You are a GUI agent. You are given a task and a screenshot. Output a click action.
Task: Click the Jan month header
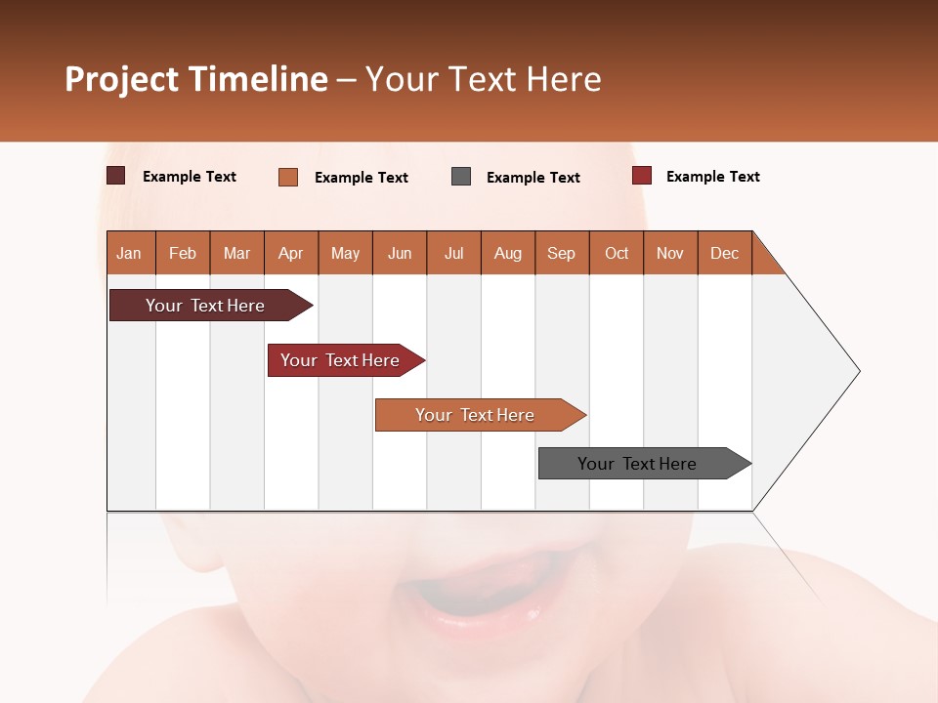click(130, 253)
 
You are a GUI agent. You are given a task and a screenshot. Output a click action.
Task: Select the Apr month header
click(291, 253)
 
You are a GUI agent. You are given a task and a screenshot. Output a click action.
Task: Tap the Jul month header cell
click(453, 253)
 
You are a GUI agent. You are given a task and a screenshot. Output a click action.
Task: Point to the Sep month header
click(562, 253)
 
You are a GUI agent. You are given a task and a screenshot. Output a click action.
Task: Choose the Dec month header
click(724, 253)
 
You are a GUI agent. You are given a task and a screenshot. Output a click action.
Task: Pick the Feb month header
click(183, 253)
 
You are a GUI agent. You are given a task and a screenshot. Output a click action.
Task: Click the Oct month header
click(617, 253)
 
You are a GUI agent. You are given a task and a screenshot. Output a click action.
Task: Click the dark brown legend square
click(116, 176)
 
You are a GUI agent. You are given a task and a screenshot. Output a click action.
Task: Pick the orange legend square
click(288, 177)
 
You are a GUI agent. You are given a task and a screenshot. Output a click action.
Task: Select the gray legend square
click(461, 177)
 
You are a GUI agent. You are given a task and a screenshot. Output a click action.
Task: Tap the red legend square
click(642, 176)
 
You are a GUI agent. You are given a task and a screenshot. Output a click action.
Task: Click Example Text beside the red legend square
click(712, 177)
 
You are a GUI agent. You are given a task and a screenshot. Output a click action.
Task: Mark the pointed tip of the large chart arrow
click(858, 371)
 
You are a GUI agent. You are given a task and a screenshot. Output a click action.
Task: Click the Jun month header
click(400, 253)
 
